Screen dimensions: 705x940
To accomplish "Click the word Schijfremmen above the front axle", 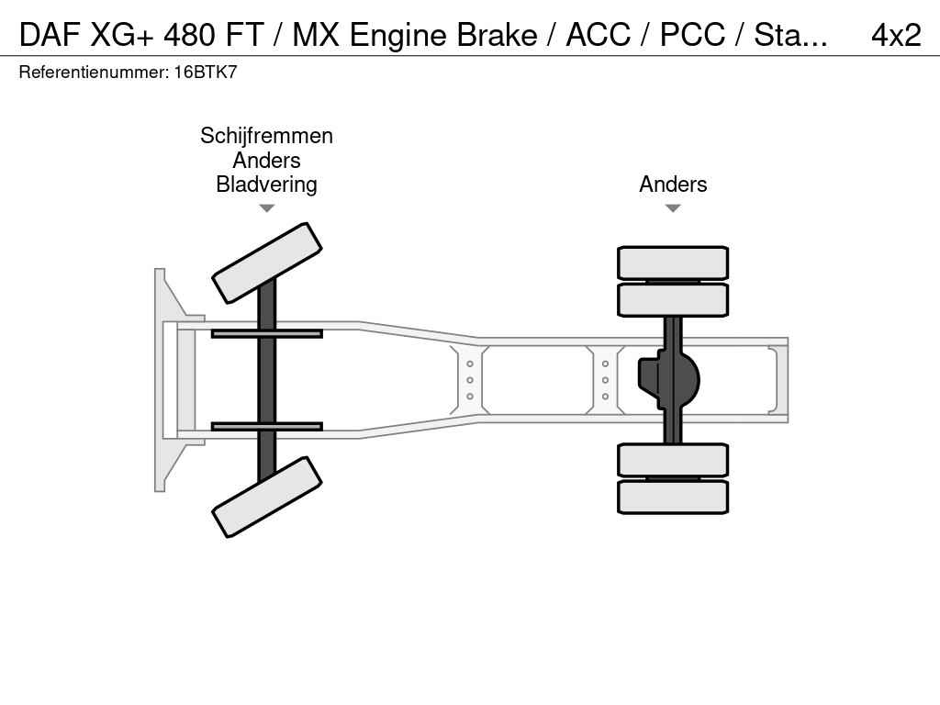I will (266, 136).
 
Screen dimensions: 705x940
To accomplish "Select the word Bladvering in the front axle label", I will (266, 185).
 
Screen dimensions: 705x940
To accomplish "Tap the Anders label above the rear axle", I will (673, 185).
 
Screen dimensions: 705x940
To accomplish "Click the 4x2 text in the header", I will (895, 35).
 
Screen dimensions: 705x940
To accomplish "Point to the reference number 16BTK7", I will (206, 73).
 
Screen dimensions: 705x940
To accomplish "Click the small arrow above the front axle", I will (266, 208).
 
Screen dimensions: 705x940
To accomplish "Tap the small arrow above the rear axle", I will (673, 208).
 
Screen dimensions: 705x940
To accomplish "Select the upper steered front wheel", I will (266, 263).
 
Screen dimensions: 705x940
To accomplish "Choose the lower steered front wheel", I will (266, 497).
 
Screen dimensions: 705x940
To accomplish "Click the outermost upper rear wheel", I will (673, 263).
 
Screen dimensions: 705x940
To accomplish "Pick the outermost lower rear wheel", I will (673, 497).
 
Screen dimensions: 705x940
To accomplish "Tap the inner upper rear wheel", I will (673, 299).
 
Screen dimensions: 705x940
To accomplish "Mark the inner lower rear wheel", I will (673, 460).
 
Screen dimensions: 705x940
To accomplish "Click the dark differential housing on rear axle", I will (670, 378).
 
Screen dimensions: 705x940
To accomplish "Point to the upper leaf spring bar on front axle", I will (266, 333).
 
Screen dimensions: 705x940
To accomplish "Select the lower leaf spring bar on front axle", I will (266, 426).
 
